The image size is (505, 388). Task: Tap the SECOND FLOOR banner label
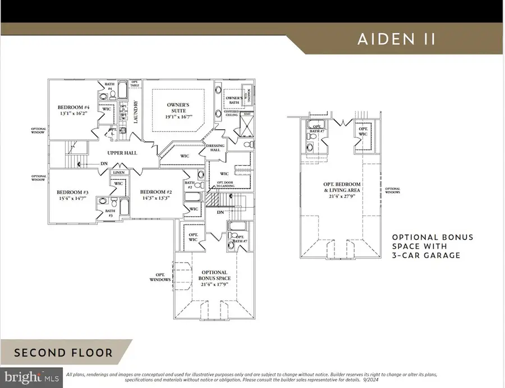pyautogui.click(x=63, y=353)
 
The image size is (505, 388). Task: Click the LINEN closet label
pyautogui.click(x=118, y=172)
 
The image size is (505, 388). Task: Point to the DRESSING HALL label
pyautogui.click(x=216, y=148)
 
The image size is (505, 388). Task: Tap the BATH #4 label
pyautogui.click(x=110, y=86)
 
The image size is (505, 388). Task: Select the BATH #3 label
pyautogui.click(x=110, y=213)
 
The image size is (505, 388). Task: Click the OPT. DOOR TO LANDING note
pyautogui.click(x=227, y=186)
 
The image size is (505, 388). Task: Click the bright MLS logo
pyautogui.click(x=31, y=375)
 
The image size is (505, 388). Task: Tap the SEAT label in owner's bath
pyautogui.click(x=247, y=113)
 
